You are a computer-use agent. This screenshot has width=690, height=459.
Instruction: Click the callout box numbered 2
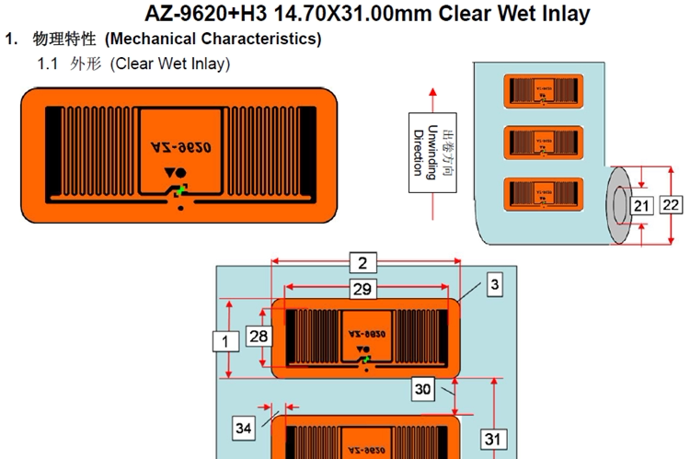[x=362, y=263]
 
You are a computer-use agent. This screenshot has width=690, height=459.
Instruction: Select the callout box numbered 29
[x=362, y=289]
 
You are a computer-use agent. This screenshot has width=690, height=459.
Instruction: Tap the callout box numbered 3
[x=493, y=285]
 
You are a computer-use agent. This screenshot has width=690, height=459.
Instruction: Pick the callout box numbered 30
[x=422, y=389]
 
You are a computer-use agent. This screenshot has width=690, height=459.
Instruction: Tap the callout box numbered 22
[x=672, y=204]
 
